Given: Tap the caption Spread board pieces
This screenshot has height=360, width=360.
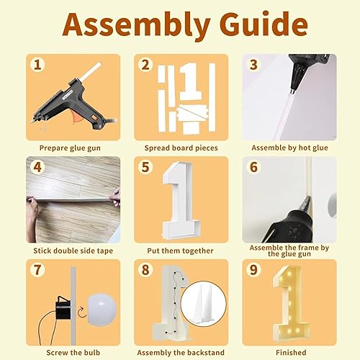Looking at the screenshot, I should [180, 148].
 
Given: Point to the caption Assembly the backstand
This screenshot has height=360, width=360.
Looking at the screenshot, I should [180, 354].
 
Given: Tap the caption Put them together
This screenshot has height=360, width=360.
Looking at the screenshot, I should [180, 251].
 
